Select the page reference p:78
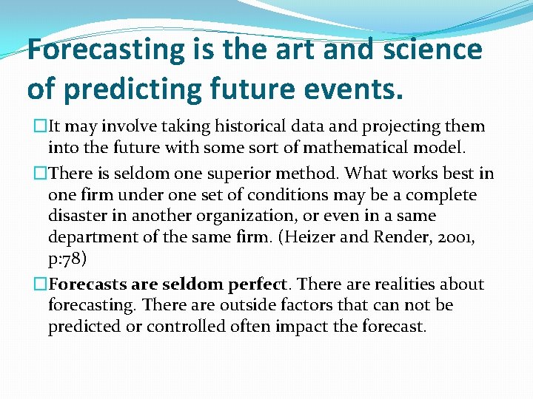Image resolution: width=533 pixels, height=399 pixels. click(x=68, y=258)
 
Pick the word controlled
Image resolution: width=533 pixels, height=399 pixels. click(x=182, y=326)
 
